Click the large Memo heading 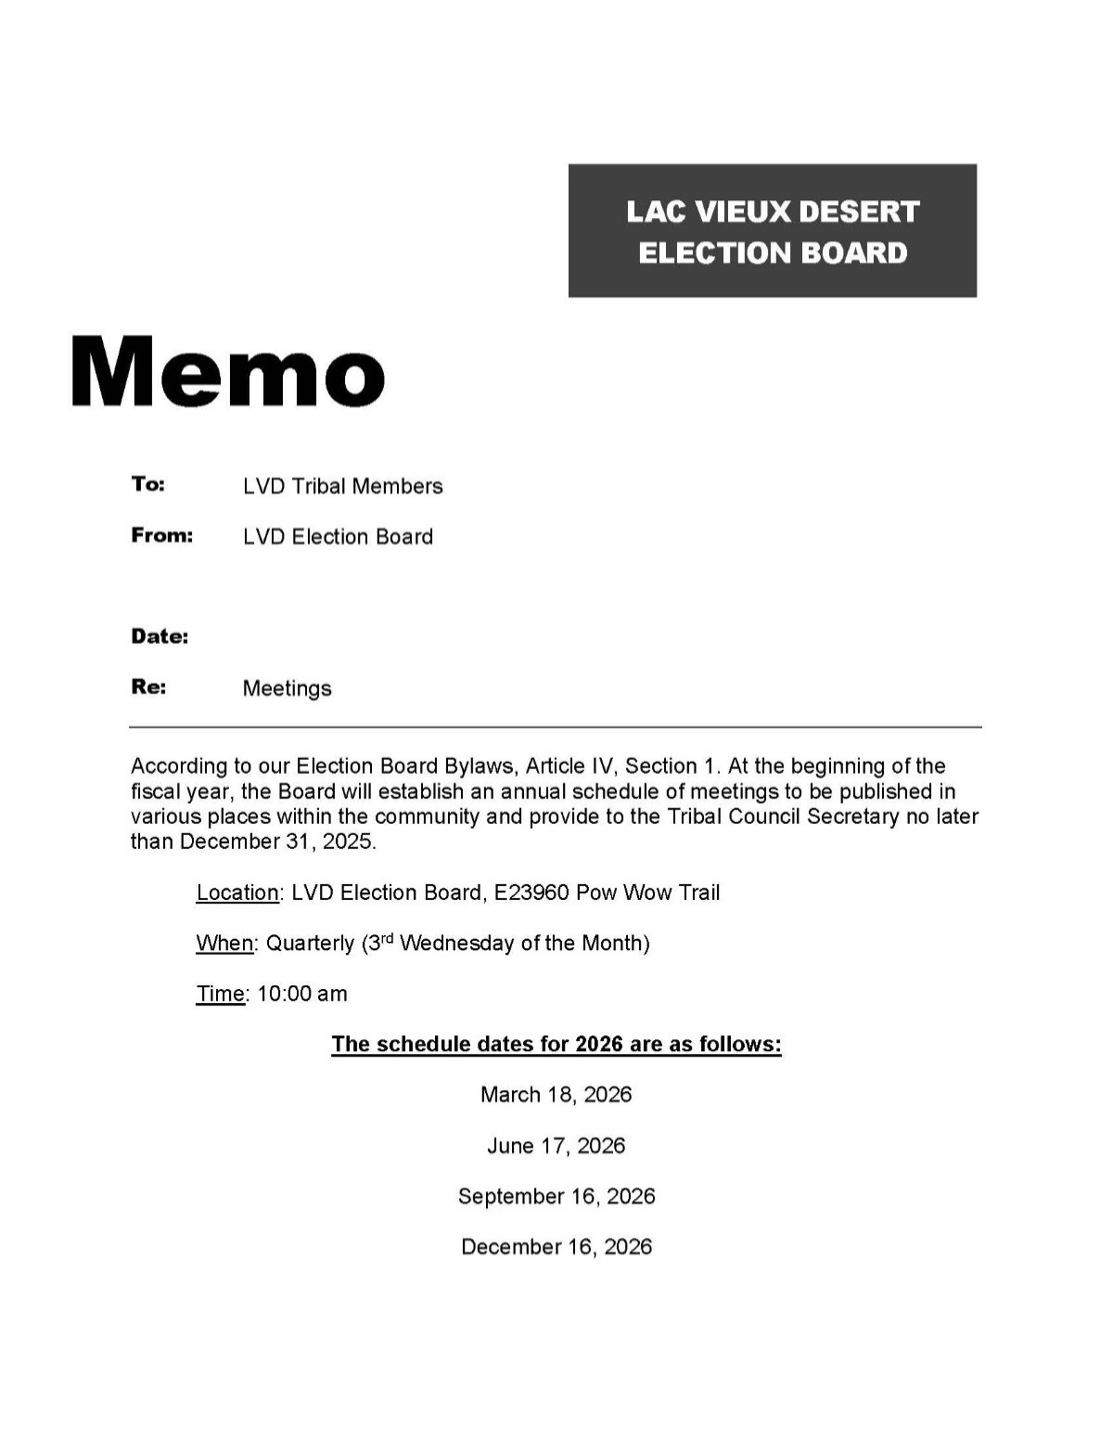[x=228, y=371]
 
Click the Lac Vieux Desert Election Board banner [x=772, y=231]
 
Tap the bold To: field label [x=147, y=484]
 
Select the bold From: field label [x=161, y=535]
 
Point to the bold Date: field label [x=160, y=636]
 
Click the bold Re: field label [x=148, y=687]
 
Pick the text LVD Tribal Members [x=342, y=486]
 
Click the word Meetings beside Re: [x=287, y=688]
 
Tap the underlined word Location [x=237, y=893]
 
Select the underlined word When [x=224, y=944]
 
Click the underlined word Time [x=221, y=994]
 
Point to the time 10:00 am [x=302, y=994]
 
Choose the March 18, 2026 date [x=556, y=1095]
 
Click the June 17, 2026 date [x=556, y=1146]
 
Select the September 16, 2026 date [x=556, y=1196]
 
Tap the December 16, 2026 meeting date [x=556, y=1247]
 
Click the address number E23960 [x=531, y=893]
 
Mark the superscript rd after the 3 [x=388, y=937]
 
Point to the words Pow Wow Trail [x=647, y=893]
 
